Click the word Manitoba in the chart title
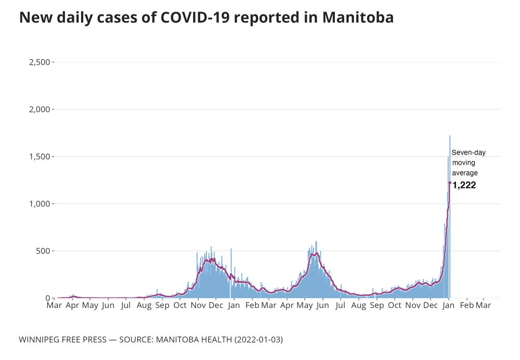[x=358, y=17]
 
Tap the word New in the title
[x=35, y=17]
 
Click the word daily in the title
[x=75, y=17]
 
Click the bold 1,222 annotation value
[x=464, y=185]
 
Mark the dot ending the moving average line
[x=450, y=183]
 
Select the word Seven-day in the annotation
[x=469, y=153]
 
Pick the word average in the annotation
[x=464, y=173]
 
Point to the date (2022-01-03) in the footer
[x=258, y=340]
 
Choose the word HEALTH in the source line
[x=215, y=340]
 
